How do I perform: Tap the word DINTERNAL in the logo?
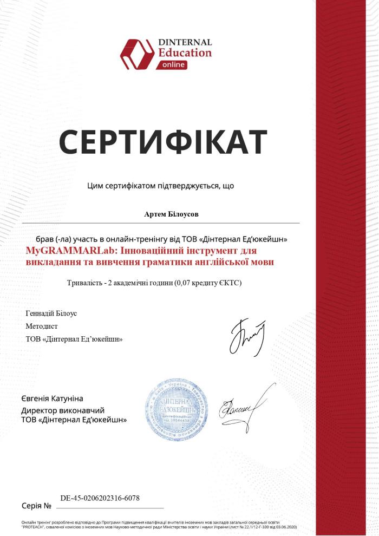pos(185,42)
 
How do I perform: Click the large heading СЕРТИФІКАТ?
pos(162,142)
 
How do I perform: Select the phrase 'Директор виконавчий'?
pos(62,410)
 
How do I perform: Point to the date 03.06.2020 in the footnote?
pos(285,526)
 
